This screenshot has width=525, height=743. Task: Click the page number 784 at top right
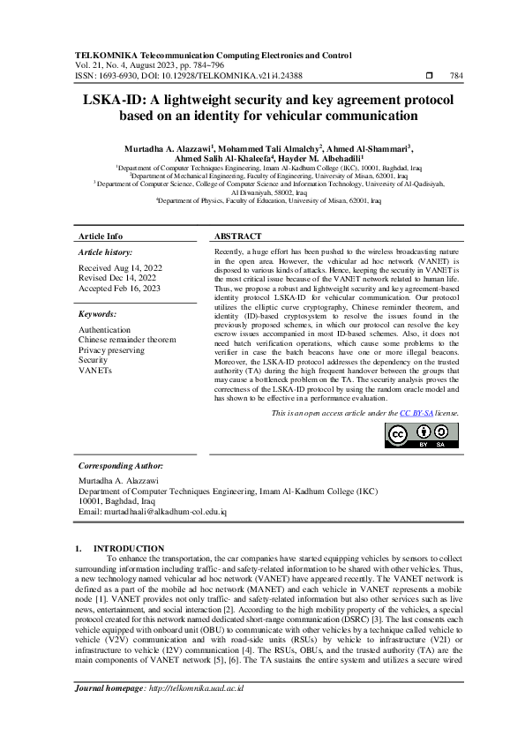tap(456, 77)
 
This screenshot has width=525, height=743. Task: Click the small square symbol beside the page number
tap(429, 77)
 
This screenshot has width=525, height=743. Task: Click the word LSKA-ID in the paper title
tap(113, 100)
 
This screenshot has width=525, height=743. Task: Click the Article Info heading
tap(101, 237)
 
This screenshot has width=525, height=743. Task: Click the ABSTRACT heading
tap(238, 237)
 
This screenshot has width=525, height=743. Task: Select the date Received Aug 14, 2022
tap(121, 266)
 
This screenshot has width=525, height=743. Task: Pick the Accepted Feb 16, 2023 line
tap(120, 288)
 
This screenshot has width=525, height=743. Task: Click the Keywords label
tap(98, 314)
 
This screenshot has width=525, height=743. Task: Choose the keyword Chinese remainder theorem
tap(127, 340)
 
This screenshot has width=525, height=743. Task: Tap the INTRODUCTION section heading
tap(129, 549)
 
